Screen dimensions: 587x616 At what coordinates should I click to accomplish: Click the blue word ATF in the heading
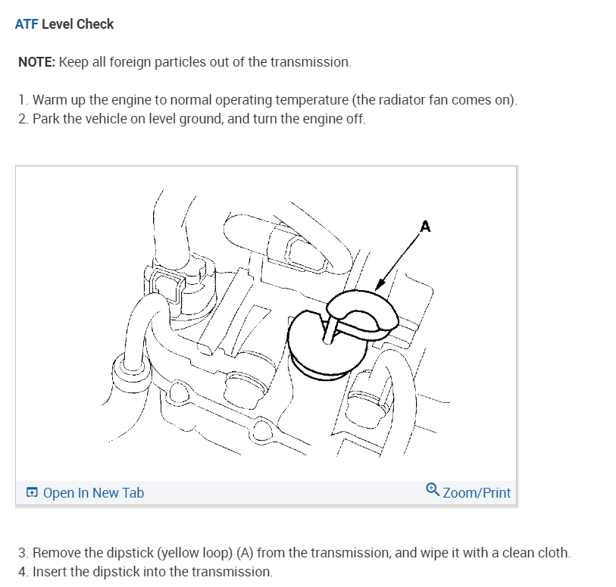(x=27, y=24)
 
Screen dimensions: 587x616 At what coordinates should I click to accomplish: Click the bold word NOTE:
(x=36, y=62)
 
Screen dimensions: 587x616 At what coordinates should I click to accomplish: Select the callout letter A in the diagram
(x=425, y=226)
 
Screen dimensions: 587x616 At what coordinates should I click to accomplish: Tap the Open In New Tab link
(x=93, y=493)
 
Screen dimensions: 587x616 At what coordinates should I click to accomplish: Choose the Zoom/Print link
(x=477, y=493)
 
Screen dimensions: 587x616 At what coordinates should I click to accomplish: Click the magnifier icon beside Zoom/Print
(x=433, y=490)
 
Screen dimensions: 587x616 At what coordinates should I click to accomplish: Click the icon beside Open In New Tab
(x=32, y=493)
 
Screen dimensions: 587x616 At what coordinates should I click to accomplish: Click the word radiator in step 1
(x=380, y=101)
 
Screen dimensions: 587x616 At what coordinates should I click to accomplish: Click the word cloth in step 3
(x=551, y=552)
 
